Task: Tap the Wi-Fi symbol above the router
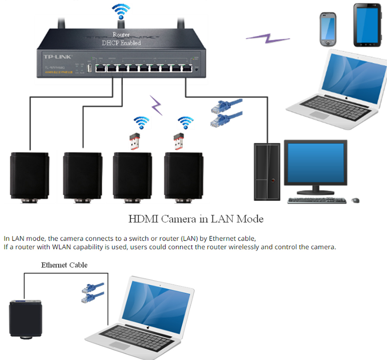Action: [120, 10]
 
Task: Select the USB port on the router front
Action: [89, 68]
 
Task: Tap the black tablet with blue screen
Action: [367, 25]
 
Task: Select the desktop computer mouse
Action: [356, 200]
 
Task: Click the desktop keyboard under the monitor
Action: [316, 200]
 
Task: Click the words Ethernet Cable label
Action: [64, 265]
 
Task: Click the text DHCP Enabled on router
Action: [121, 43]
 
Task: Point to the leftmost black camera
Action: [30, 177]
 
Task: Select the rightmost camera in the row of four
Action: [183, 177]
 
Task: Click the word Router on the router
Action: [120, 35]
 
